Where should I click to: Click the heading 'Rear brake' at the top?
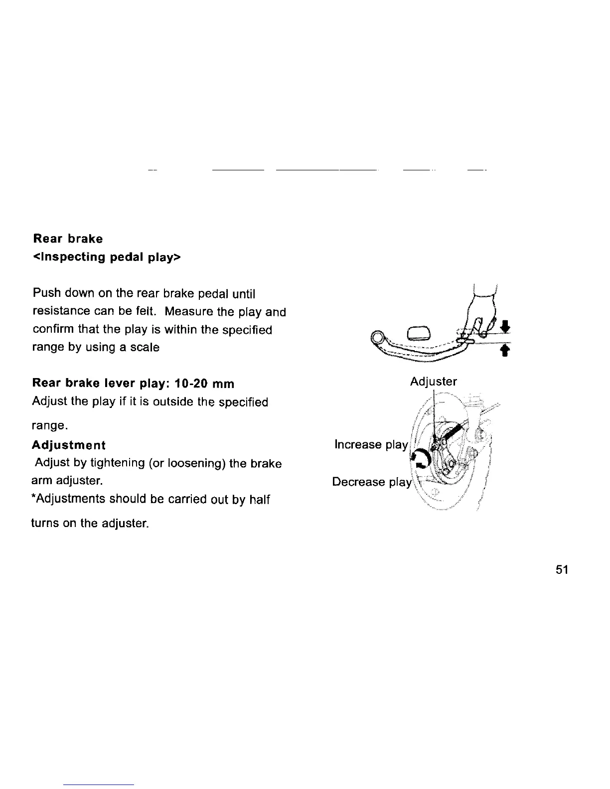click(68, 239)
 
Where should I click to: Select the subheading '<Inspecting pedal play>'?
click(107, 258)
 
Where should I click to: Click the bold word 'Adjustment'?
click(69, 445)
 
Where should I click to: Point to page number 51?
click(562, 570)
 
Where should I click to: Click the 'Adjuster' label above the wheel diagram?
click(433, 382)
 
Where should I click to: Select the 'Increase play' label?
click(371, 444)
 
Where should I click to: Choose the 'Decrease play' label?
click(372, 482)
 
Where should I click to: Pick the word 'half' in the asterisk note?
click(260, 499)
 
